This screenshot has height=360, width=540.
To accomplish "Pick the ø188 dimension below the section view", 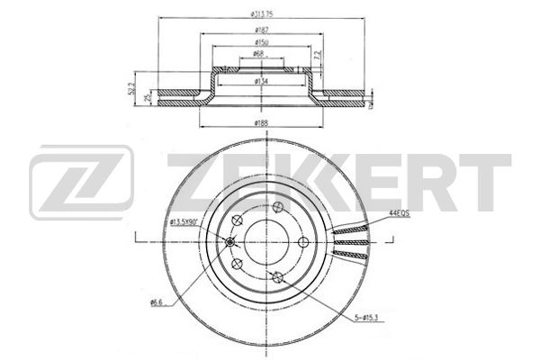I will click(x=262, y=121).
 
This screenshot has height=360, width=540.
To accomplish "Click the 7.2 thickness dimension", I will click(x=316, y=57).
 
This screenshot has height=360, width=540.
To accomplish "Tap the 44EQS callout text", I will click(x=399, y=212).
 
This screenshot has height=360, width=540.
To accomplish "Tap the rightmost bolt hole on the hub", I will click(x=303, y=239).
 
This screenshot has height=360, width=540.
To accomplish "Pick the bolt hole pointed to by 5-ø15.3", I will click(x=278, y=277).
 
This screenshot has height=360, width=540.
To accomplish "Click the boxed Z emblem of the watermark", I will click(x=81, y=184).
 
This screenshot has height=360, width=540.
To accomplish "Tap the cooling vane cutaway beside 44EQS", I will click(x=350, y=240).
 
